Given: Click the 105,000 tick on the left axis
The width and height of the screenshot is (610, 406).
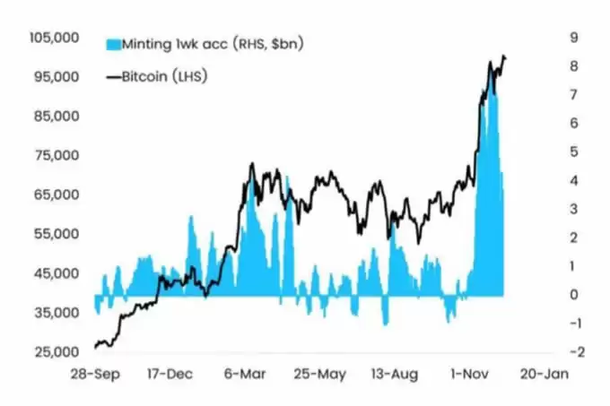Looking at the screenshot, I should (56, 38).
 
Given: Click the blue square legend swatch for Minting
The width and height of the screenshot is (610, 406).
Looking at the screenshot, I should (112, 43).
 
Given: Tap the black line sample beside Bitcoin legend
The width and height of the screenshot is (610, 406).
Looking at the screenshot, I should (113, 77).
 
